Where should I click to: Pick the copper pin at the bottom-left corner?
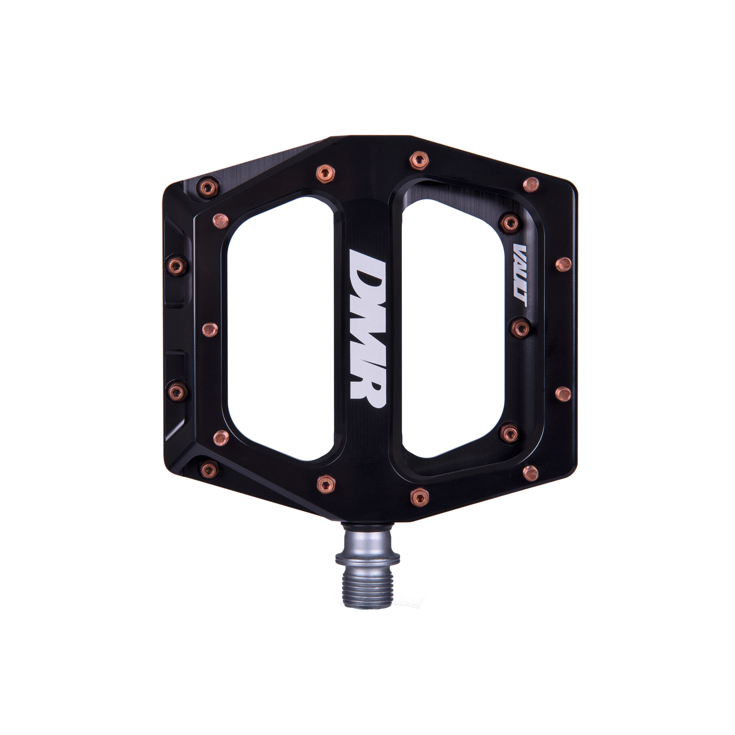(210, 469)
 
